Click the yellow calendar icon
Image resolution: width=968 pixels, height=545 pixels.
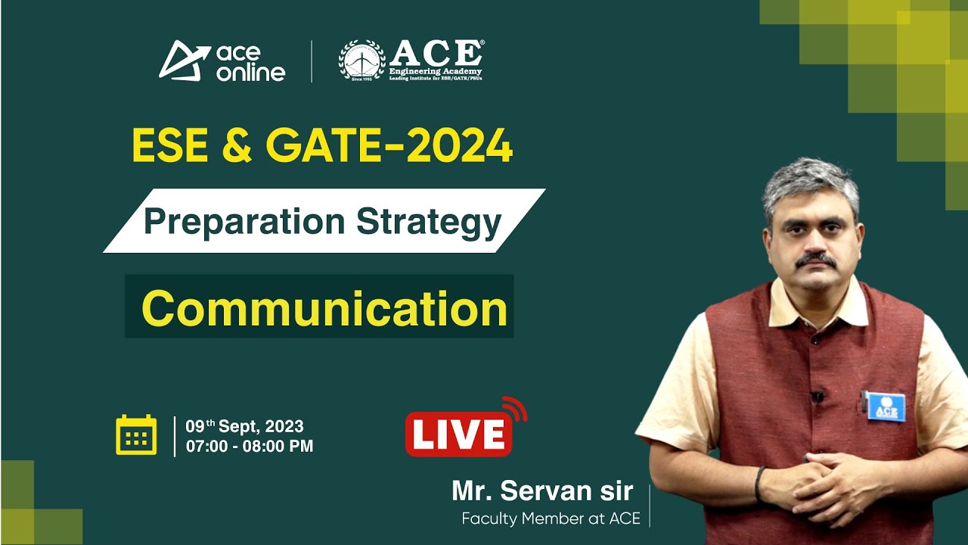(136, 435)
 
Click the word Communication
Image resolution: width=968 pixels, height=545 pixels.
(324, 308)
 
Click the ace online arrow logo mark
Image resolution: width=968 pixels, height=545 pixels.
(184, 60)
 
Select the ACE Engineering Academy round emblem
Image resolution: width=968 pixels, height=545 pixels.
(361, 61)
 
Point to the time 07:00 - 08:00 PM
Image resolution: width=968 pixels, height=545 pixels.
(250, 447)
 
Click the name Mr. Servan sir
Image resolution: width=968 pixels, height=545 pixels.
(542, 490)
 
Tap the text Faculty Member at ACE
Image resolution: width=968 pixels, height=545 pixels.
(551, 519)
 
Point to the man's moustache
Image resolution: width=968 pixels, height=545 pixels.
(815, 260)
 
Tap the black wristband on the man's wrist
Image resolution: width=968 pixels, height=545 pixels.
(759, 484)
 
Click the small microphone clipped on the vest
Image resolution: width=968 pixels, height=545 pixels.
(817, 395)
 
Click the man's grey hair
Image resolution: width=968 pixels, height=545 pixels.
(809, 182)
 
